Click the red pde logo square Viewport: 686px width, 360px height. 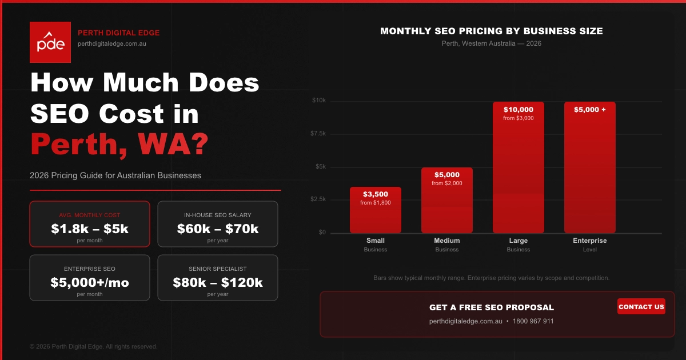(50, 42)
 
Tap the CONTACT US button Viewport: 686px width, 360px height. (641, 307)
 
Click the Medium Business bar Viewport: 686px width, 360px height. (447, 201)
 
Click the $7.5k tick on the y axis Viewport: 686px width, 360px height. (318, 134)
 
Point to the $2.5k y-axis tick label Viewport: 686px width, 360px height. (318, 199)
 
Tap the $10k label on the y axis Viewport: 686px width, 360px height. (319, 101)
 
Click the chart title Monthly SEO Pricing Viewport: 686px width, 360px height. (492, 31)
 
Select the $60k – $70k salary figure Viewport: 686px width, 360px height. (218, 229)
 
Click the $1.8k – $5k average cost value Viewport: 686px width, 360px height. (90, 229)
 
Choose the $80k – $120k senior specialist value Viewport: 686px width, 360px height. (218, 282)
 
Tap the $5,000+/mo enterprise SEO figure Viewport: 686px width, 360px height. (90, 282)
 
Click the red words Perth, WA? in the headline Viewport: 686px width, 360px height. (119, 144)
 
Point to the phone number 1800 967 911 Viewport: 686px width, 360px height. (533, 321)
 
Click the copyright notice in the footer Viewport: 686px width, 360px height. (93, 346)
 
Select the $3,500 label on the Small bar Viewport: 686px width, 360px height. (376, 194)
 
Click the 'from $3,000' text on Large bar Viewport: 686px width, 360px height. (519, 118)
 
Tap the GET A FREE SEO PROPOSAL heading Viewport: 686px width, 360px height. (492, 307)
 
